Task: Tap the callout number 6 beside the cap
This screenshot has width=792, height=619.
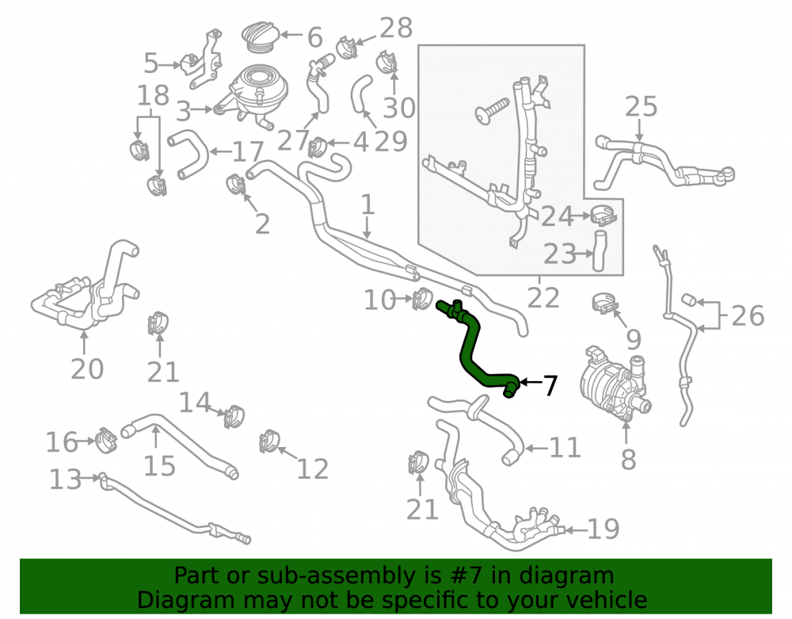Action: coord(314,37)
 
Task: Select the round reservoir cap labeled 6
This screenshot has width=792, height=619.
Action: coord(260,36)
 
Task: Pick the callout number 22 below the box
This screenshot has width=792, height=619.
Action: coord(543,297)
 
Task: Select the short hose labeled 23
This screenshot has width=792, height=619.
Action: coord(599,250)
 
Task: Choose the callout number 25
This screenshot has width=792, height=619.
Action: coord(641,107)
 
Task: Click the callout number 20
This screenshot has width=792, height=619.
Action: coord(87,369)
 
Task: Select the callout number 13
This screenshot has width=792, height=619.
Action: coord(65,479)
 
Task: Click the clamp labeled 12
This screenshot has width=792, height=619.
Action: coord(268,441)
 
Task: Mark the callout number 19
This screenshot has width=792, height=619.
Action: coord(604,529)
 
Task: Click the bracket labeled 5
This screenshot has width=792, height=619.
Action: coord(202,61)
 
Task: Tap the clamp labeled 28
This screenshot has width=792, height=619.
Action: coord(347,47)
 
